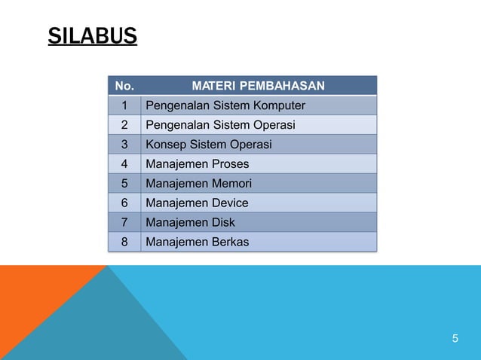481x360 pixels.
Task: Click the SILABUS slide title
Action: point(92,35)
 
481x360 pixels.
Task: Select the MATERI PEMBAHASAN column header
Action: point(259,86)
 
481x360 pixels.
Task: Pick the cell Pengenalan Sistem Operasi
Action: point(220,125)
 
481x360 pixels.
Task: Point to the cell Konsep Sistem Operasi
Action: point(208,145)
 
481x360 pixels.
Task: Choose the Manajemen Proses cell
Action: point(197,164)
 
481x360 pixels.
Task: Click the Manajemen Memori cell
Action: point(198,184)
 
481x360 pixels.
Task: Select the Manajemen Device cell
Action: point(196,203)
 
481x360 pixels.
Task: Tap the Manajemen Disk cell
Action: point(190,223)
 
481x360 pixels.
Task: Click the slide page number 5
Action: point(455,339)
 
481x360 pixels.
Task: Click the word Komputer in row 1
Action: point(279,105)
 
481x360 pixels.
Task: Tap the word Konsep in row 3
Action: point(164,145)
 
